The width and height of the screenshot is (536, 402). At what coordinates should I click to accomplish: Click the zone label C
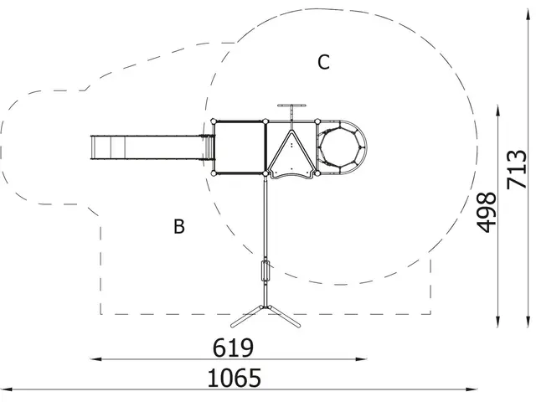click(323, 62)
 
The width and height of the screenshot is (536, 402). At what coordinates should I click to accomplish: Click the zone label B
click(178, 226)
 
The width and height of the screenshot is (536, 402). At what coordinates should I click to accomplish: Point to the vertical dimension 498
click(487, 210)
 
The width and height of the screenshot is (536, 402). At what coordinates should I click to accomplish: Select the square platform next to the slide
click(240, 147)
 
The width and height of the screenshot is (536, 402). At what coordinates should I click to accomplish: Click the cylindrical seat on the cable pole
click(266, 273)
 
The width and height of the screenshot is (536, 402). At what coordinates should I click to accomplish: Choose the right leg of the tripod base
click(286, 317)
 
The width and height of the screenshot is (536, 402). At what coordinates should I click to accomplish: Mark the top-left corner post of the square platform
click(216, 121)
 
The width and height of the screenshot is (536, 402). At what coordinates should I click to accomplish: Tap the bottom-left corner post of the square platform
click(216, 174)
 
